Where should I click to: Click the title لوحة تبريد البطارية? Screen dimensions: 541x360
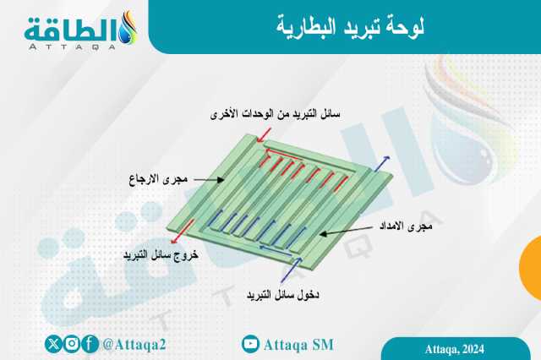pyautogui.click(x=350, y=27)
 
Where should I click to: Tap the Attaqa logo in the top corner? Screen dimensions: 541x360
pyautogui.click(x=81, y=30)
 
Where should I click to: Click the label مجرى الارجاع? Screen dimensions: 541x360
pyautogui.click(x=158, y=179)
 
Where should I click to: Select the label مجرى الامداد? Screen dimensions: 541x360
pyautogui.click(x=406, y=226)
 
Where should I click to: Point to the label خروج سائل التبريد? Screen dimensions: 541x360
pyautogui.click(x=161, y=254)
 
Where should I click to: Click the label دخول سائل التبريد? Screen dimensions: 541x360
pyautogui.click(x=282, y=295)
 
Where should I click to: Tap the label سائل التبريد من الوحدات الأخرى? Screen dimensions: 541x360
pyautogui.click(x=275, y=114)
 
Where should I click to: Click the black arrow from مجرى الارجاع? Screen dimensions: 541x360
pyautogui.click(x=209, y=180)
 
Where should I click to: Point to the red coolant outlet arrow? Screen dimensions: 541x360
pyautogui.click(x=183, y=232)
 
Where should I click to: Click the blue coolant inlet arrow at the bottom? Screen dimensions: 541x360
pyautogui.click(x=292, y=270)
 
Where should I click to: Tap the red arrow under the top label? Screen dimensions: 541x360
pyautogui.click(x=265, y=135)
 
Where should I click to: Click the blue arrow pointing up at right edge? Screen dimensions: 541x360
pyautogui.click(x=382, y=163)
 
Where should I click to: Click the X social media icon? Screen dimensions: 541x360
pyautogui.click(x=53, y=344)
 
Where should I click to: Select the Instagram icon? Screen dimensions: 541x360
pyautogui.click(x=72, y=344)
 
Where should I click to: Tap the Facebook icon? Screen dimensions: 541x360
pyautogui.click(x=90, y=344)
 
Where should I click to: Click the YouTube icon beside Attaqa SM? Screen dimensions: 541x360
pyautogui.click(x=250, y=344)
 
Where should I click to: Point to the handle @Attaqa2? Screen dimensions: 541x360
pyautogui.click(x=134, y=345)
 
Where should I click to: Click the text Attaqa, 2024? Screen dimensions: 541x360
pyautogui.click(x=455, y=349)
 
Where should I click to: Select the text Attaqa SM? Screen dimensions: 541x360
pyautogui.click(x=298, y=345)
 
